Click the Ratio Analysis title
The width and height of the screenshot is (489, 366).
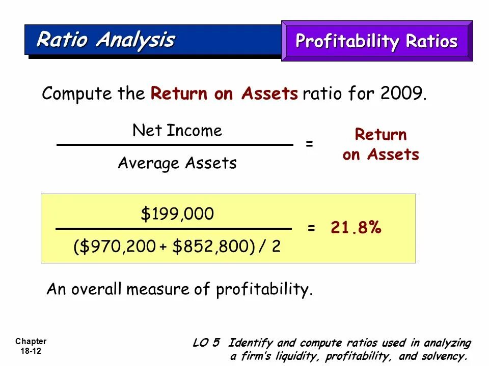click(105, 40)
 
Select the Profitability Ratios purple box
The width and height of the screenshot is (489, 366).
click(376, 41)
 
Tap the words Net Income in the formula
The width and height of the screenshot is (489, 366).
click(177, 131)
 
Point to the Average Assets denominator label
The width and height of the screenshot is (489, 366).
click(177, 163)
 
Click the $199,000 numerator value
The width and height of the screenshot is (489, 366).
click(177, 215)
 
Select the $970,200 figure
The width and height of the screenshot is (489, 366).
click(119, 247)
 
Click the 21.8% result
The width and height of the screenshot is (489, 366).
click(356, 228)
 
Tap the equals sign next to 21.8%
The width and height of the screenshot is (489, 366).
click(311, 228)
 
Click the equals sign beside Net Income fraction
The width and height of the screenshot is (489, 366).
click(309, 144)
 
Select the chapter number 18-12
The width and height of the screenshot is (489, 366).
click(31, 351)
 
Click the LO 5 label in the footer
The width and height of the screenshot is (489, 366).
click(206, 343)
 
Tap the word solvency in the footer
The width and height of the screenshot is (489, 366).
click(444, 356)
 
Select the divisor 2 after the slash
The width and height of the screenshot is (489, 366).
click(276, 247)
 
